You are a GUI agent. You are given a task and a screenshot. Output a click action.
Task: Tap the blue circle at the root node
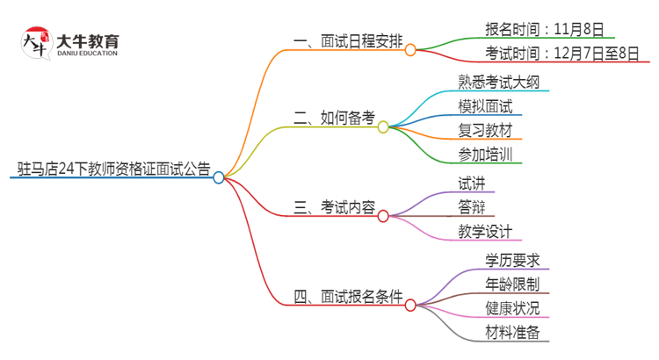[219, 176]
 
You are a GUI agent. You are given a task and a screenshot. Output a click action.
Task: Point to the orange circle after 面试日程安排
[410, 50]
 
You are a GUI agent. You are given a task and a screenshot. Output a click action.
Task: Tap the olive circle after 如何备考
[383, 126]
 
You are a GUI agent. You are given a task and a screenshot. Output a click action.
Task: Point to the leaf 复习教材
[485, 131]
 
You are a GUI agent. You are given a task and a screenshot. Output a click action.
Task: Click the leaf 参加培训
[485, 155]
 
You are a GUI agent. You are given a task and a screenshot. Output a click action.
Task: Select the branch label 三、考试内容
[334, 208]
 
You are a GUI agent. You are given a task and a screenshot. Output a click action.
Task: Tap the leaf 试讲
[471, 183]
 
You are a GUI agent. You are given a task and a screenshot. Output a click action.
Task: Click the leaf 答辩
[471, 207]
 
